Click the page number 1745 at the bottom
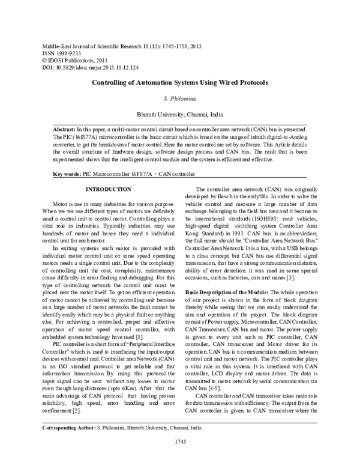[180, 458]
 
